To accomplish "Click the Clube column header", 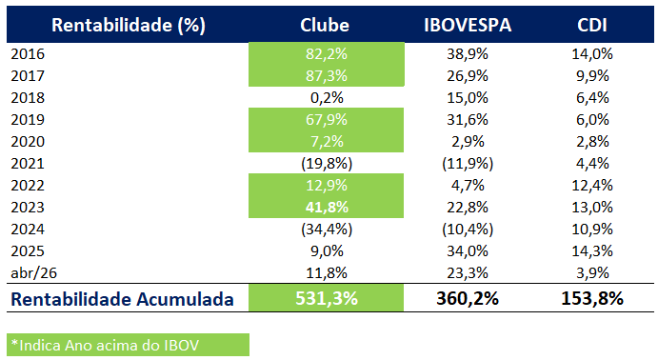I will coord(324,25).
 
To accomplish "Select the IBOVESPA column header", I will coord(467,25).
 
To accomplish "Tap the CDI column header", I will coord(592,25).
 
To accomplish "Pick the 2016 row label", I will coord(28,55).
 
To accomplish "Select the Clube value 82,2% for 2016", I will coord(324,55).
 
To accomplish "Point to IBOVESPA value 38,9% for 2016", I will coord(467,55).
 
